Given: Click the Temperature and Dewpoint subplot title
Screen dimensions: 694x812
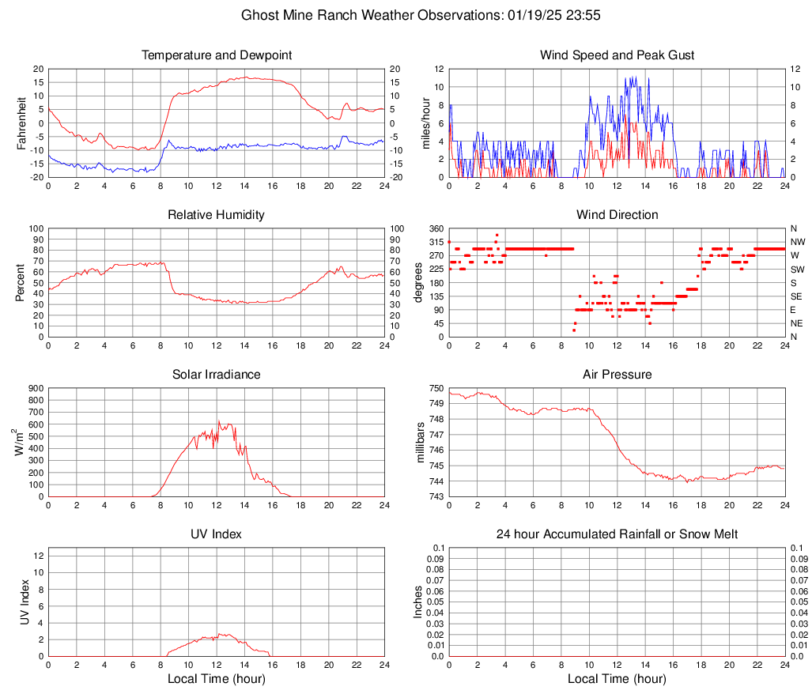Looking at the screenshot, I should tap(217, 55).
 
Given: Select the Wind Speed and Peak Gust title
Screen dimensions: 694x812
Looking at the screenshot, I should tap(617, 55).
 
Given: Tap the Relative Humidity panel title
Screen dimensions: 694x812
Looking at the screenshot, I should tap(217, 215).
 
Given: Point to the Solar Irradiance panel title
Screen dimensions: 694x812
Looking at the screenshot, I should tap(217, 375).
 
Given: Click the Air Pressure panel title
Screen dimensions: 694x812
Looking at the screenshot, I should tap(617, 375).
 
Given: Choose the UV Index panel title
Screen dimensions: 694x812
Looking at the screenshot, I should tap(217, 534).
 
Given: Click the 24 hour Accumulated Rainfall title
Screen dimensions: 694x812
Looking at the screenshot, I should tap(617, 534).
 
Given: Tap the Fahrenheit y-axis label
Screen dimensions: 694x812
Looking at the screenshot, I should tap(21, 123).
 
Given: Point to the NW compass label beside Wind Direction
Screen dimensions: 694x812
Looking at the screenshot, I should tap(798, 242).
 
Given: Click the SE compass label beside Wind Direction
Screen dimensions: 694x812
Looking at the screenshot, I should tap(796, 296).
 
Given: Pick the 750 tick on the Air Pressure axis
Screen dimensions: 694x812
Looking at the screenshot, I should tap(436, 388).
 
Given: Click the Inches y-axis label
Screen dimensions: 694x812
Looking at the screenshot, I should tap(418, 602).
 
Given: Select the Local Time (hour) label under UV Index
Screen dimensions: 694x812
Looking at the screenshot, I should tap(217, 679).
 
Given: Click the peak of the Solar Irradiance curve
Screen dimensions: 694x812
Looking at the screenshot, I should tap(219, 421).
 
